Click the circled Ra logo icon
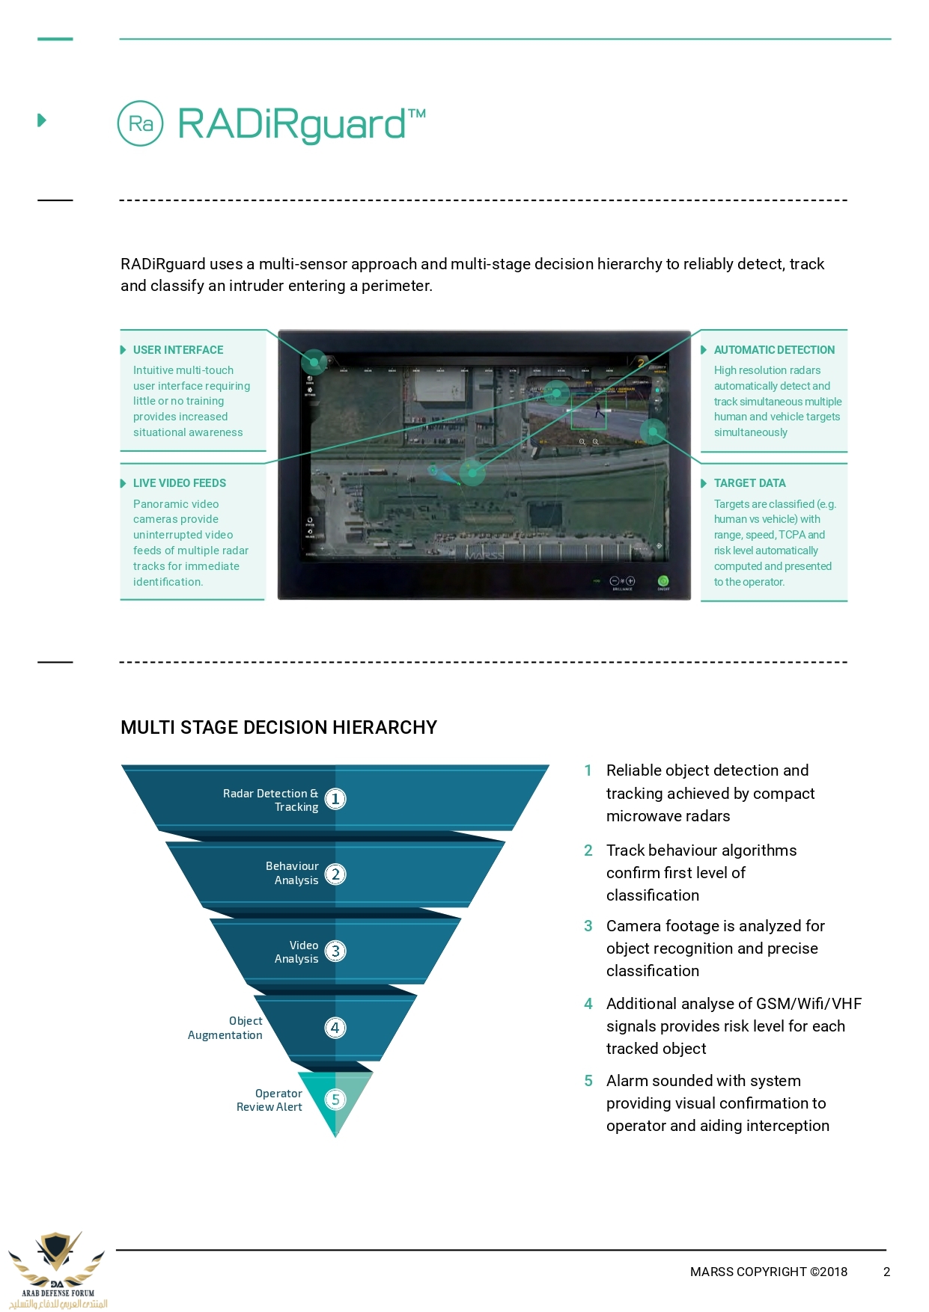tap(140, 123)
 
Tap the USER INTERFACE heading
tap(178, 350)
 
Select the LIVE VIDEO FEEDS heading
tap(180, 483)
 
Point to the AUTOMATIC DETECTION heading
tap(774, 350)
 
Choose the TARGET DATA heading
tap(749, 483)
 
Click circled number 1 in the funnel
tap(335, 799)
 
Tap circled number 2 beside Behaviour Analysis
tap(335, 874)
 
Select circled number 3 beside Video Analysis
tap(335, 951)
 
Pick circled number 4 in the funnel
tap(335, 1028)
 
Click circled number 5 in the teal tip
tap(335, 1100)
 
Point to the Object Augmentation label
tap(225, 1028)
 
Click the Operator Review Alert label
tap(269, 1100)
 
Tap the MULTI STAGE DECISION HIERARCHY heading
tap(278, 728)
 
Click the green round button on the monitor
tap(663, 581)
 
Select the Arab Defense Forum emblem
tap(57, 1269)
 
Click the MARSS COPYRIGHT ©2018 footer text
tap(768, 1272)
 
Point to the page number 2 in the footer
tap(886, 1272)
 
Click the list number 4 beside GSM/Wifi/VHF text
tap(588, 1004)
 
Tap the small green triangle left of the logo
tap(42, 120)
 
